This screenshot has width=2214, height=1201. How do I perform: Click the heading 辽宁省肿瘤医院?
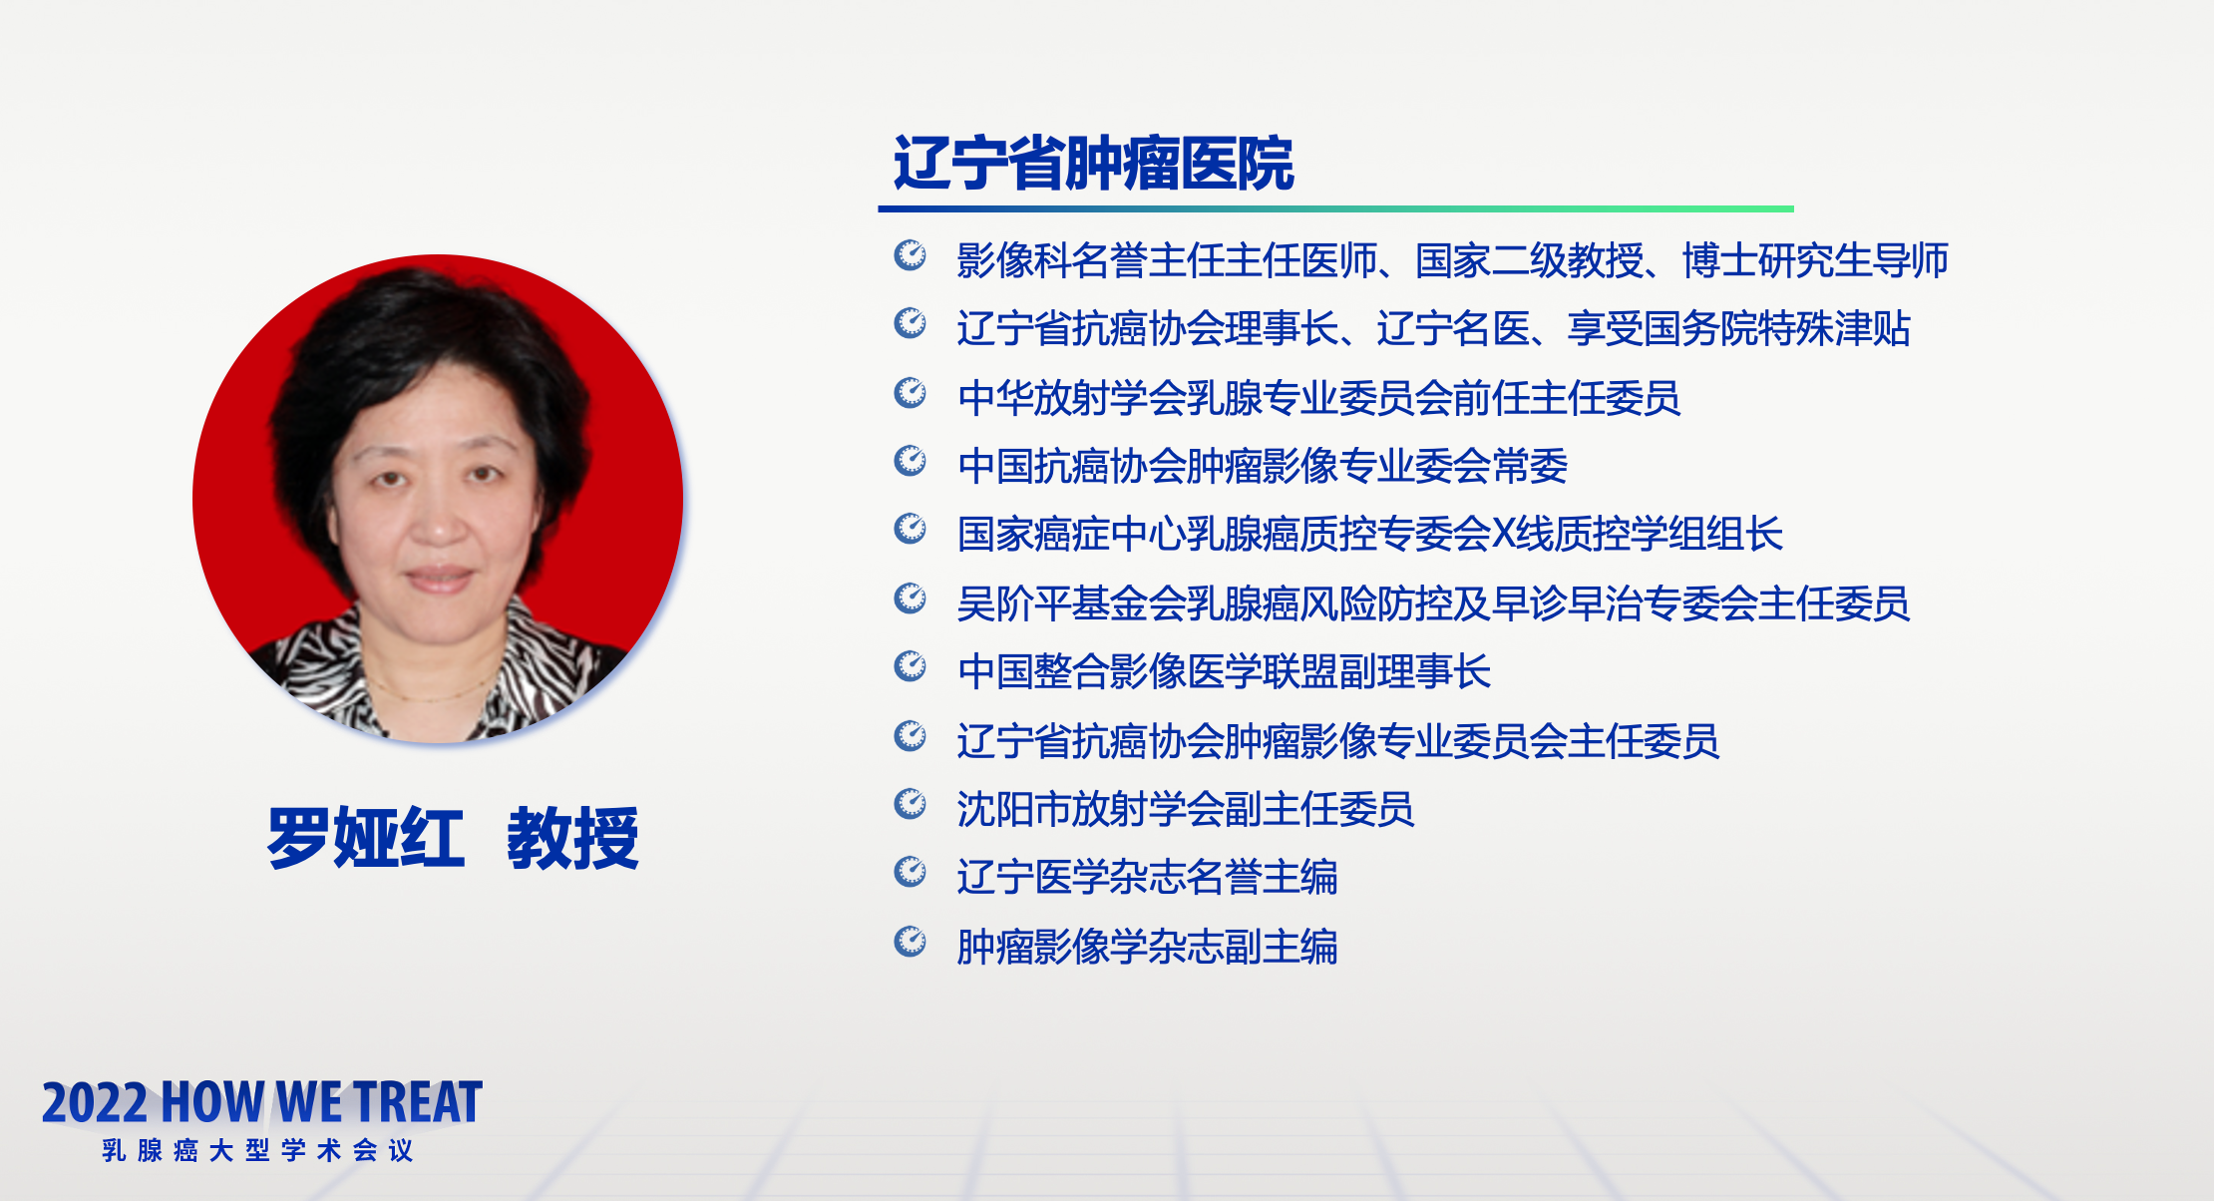pos(1093,163)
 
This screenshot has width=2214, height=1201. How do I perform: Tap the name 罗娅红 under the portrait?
pos(366,838)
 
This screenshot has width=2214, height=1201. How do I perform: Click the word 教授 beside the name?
pos(573,838)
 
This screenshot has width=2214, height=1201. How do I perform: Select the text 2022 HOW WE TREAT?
pos(262,1102)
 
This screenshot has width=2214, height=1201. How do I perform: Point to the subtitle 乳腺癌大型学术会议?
pos(257,1150)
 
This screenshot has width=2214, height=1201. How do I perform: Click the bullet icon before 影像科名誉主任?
pos(910,255)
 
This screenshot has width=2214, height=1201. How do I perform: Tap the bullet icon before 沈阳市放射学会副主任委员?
pos(910,804)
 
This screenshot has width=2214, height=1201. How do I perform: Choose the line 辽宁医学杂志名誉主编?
pos(1147,878)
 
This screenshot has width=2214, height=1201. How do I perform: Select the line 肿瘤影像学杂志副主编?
pos(1147,947)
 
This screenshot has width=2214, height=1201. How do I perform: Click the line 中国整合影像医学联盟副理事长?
pos(1224,671)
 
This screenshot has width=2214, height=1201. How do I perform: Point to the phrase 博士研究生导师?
pos(1815,260)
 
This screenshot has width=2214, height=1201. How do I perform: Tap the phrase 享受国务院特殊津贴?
pos(1738,329)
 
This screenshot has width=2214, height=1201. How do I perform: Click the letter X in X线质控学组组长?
pos(1503,535)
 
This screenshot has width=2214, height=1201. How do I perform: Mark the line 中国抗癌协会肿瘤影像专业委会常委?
pos(1262,466)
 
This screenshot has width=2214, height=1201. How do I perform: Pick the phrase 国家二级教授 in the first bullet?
pos(1530,260)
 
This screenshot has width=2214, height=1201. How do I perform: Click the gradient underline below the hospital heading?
pos(1335,208)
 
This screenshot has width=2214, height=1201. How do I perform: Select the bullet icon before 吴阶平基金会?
pos(910,599)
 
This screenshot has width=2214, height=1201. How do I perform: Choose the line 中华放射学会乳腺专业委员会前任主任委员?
pos(1318,398)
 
